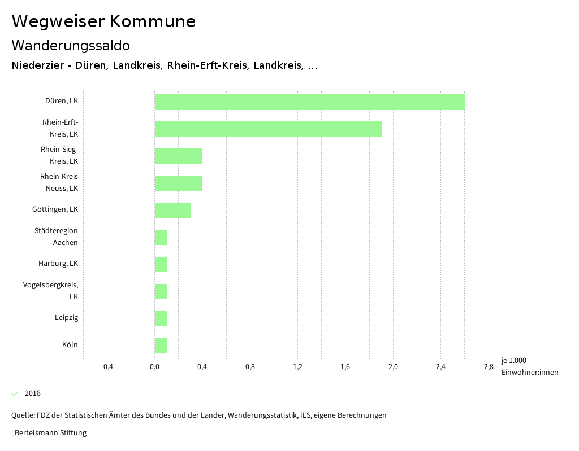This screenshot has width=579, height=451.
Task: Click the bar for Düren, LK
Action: tap(309, 102)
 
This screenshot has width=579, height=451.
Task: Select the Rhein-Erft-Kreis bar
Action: tap(268, 129)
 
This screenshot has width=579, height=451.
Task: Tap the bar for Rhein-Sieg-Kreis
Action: tap(178, 156)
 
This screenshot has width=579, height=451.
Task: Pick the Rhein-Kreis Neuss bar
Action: tap(178, 183)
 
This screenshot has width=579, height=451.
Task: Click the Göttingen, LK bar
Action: tap(172, 210)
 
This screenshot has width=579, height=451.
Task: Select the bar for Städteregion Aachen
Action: tap(161, 237)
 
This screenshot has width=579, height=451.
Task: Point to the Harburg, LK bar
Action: tap(161, 264)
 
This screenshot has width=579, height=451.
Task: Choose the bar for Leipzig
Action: tap(161, 318)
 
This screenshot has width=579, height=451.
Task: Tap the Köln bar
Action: tap(161, 345)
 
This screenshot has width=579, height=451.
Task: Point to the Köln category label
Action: tap(70, 345)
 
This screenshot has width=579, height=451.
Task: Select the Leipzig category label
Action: tap(66, 318)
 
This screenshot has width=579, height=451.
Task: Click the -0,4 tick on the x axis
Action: tap(107, 367)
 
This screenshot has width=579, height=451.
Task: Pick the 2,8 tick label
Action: tap(489, 367)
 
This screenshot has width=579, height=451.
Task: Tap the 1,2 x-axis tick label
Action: tap(297, 367)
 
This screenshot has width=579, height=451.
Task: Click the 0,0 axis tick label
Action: tap(154, 367)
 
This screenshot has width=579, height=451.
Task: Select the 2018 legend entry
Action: tap(32, 393)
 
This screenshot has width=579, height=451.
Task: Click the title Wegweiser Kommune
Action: tap(103, 21)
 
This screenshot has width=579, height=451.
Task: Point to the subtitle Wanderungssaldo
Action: tap(71, 45)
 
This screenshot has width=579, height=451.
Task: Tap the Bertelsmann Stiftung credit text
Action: tap(50, 433)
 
